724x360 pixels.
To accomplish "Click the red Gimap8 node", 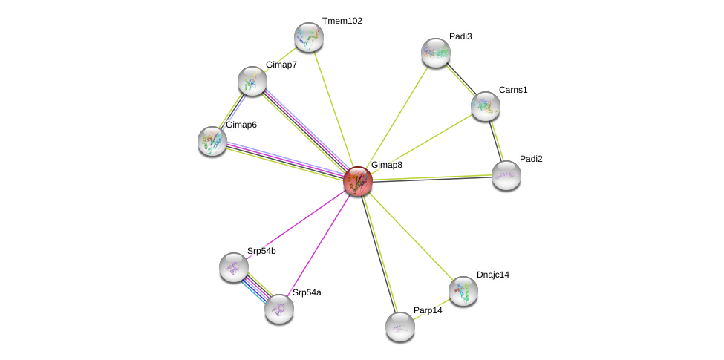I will tap(358, 181).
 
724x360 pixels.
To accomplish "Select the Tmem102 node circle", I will tap(309, 37).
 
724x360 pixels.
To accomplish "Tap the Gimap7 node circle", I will tap(252, 81).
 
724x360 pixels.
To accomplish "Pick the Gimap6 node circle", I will tap(212, 141).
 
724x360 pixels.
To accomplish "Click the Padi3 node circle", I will tap(436, 53).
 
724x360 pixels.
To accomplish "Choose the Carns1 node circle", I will tap(486, 106).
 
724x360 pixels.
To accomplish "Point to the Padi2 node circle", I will tap(506, 175).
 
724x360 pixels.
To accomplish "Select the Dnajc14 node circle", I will tap(463, 291).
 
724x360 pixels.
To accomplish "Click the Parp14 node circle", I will tap(400, 327).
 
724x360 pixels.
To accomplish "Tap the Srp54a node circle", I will tap(279, 309).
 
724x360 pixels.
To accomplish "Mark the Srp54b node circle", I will tap(234, 267).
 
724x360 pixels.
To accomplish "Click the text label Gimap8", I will tap(386, 165).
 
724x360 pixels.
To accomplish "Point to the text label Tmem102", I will tap(342, 21).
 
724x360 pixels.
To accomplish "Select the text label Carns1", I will tap(513, 90).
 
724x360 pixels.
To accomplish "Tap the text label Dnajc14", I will tap(493, 275).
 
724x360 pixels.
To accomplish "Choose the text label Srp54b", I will tap(261, 251).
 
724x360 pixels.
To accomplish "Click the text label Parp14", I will tap(428, 310).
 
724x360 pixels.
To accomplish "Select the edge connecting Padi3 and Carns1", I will tap(460, 79).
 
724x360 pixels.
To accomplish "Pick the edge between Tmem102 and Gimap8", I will tap(333, 109).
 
